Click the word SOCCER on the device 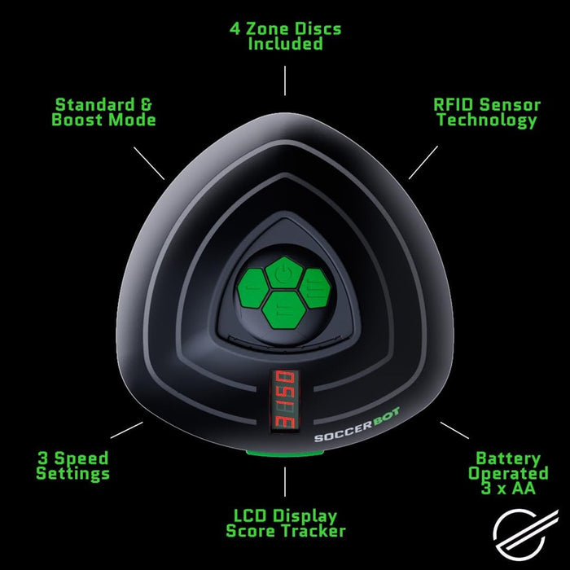pyautogui.click(x=335, y=437)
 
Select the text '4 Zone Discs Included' pyautogui.click(x=285, y=37)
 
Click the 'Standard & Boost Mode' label pyautogui.click(x=103, y=112)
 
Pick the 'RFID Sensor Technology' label pyautogui.click(x=486, y=112)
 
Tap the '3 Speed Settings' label pyautogui.click(x=72, y=466)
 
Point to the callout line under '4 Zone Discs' pyautogui.click(x=285, y=81)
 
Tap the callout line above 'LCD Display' pyautogui.click(x=285, y=482)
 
